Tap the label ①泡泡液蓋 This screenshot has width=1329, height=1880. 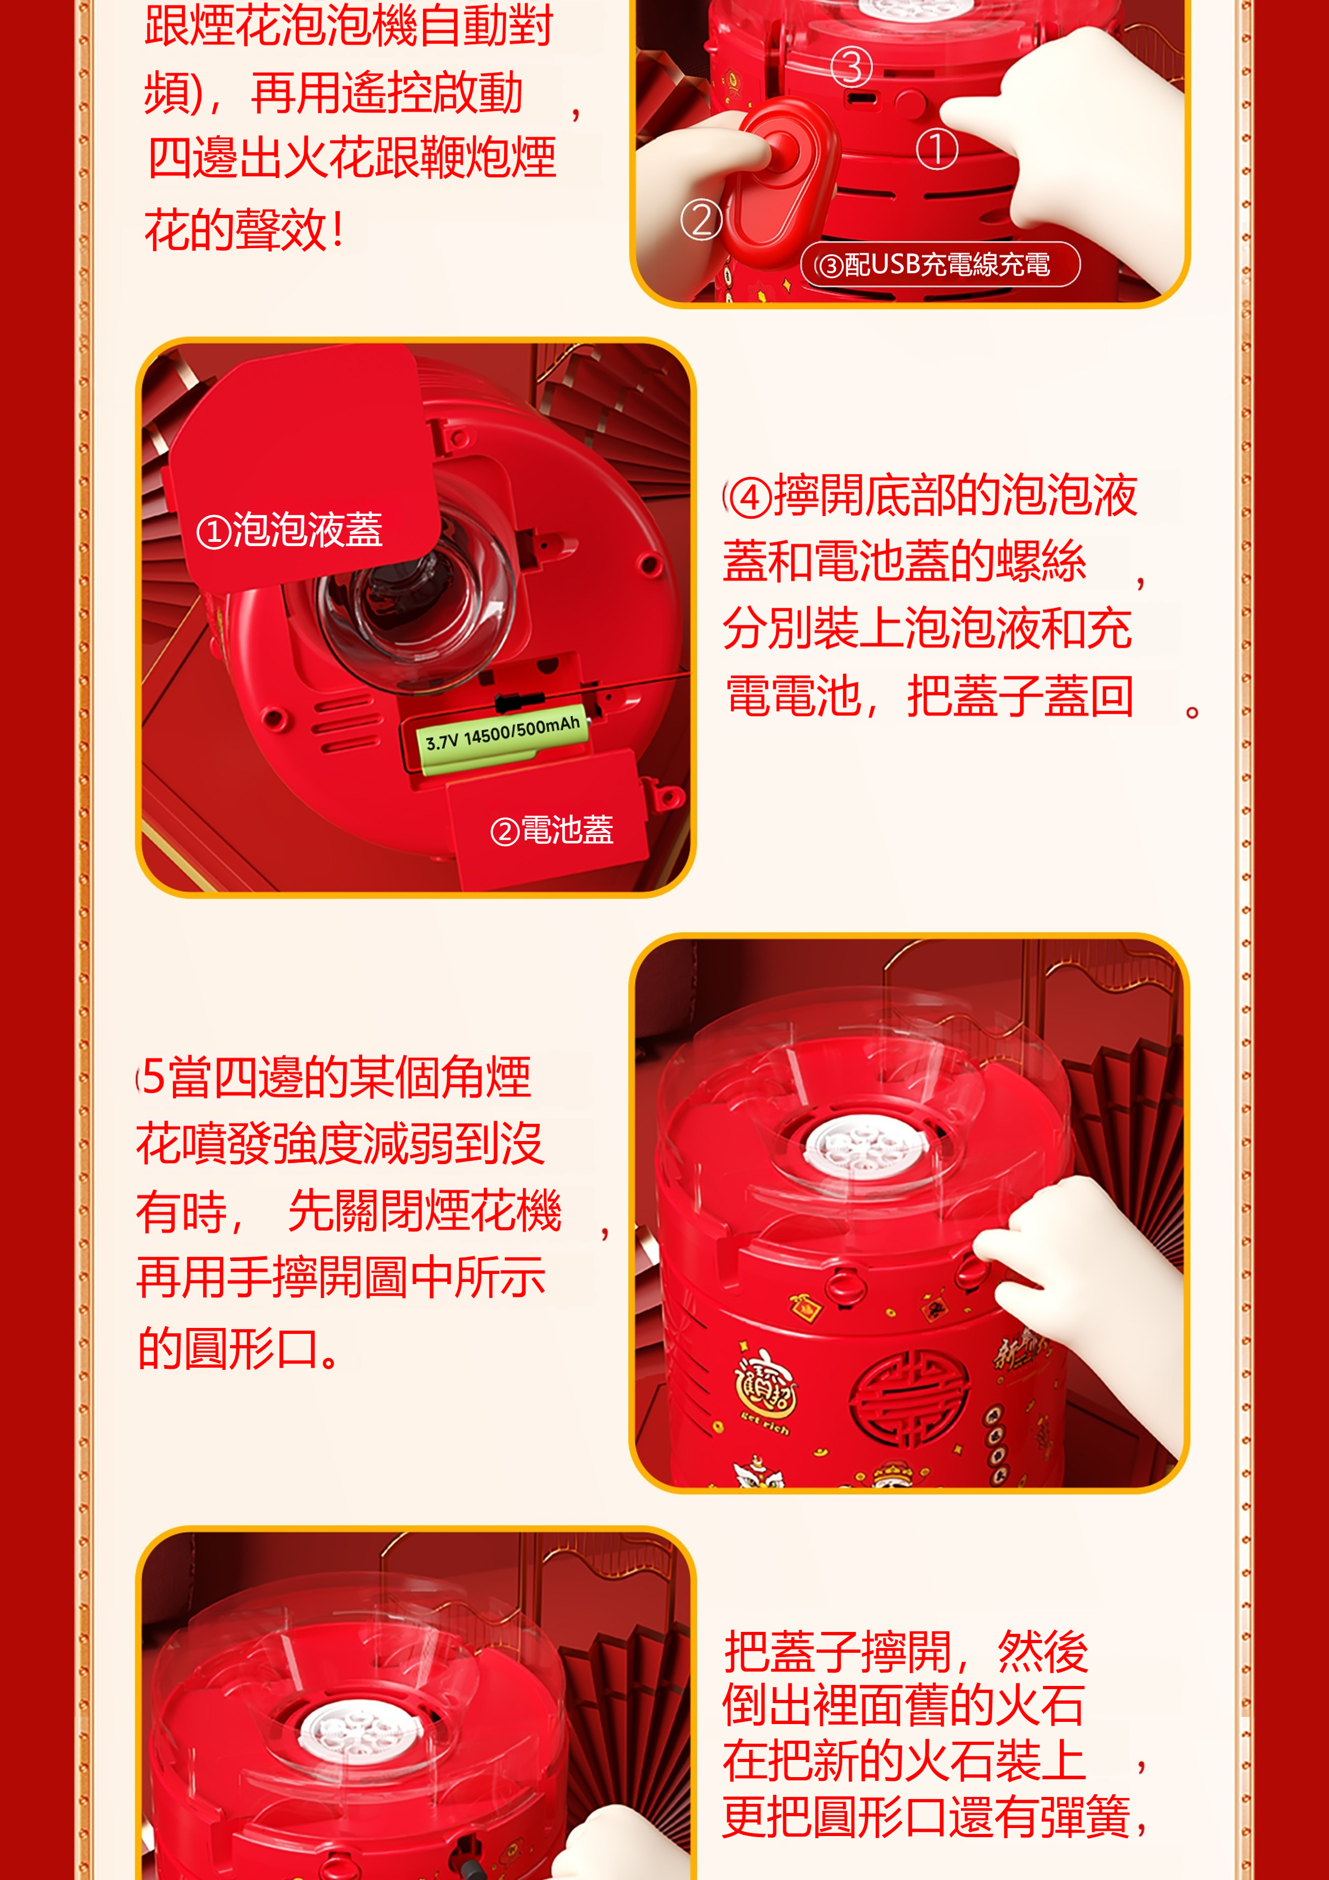(289, 530)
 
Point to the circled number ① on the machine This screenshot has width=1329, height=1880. (937, 149)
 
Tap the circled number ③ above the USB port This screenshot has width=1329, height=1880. (852, 67)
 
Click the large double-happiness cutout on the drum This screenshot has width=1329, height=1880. (909, 1400)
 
